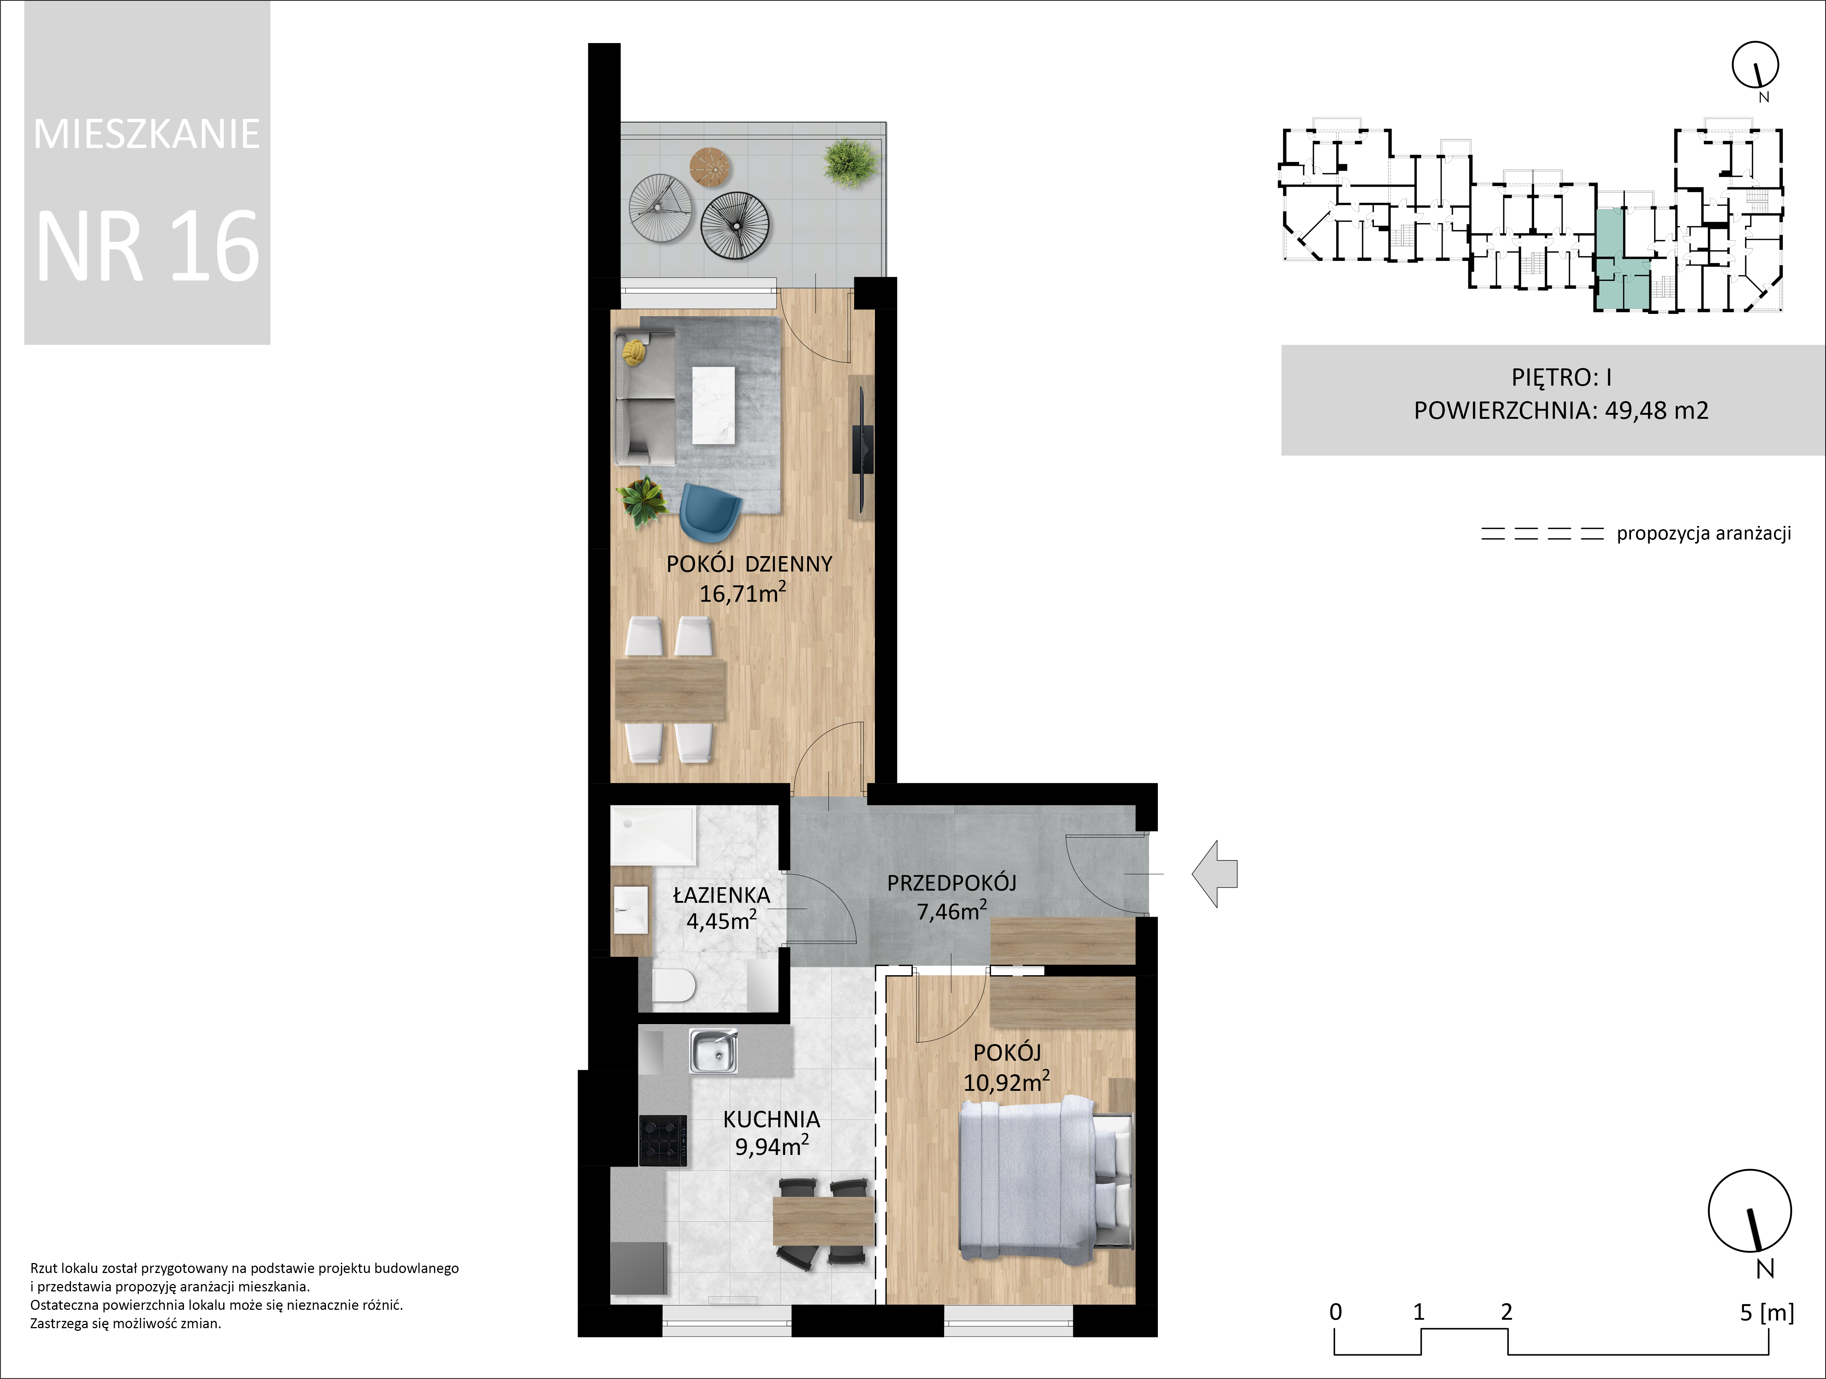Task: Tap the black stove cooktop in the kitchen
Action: coord(663,1141)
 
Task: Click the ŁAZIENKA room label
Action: coord(721,895)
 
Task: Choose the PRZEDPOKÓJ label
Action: coord(952,883)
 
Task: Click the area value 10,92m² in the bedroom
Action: coord(1006,1081)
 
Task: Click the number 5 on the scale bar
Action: coord(1746,1312)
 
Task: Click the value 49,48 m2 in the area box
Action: coord(1656,410)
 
